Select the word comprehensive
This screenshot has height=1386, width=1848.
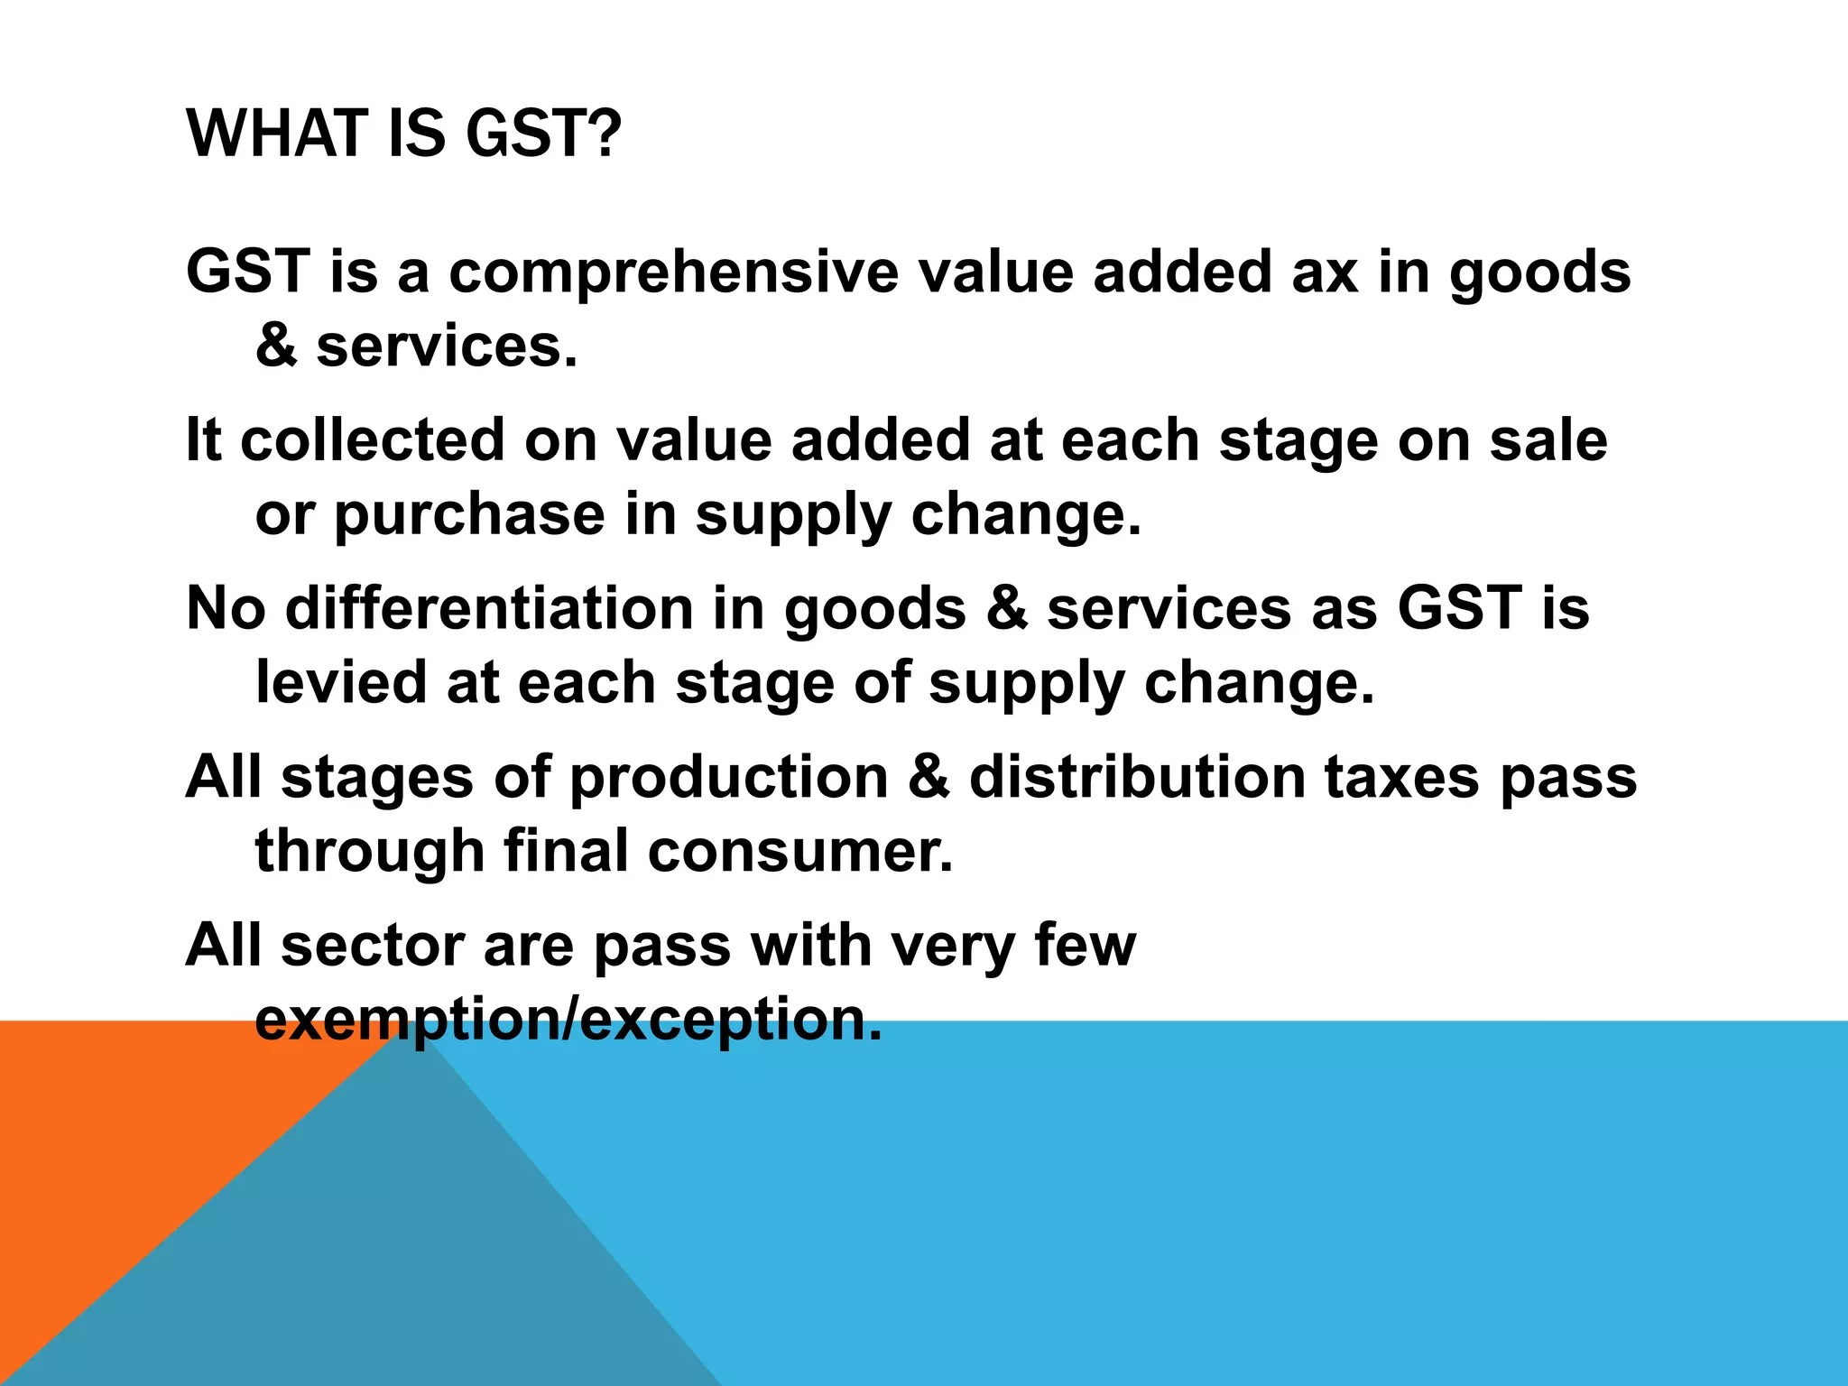pyautogui.click(x=673, y=272)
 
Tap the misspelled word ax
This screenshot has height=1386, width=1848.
pyautogui.click(x=1325, y=272)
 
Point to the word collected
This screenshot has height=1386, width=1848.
pyautogui.click(x=373, y=440)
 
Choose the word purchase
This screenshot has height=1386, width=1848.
pyautogui.click(x=470, y=515)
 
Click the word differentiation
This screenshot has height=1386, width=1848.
pyautogui.click(x=488, y=608)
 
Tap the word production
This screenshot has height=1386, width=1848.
pyautogui.click(x=729, y=777)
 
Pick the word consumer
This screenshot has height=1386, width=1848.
pyautogui.click(x=800, y=851)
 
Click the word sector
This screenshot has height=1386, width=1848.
pyautogui.click(x=372, y=946)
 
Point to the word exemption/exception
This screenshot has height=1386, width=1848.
pyautogui.click(x=568, y=1020)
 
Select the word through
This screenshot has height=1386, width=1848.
pyautogui.click(x=370, y=853)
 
